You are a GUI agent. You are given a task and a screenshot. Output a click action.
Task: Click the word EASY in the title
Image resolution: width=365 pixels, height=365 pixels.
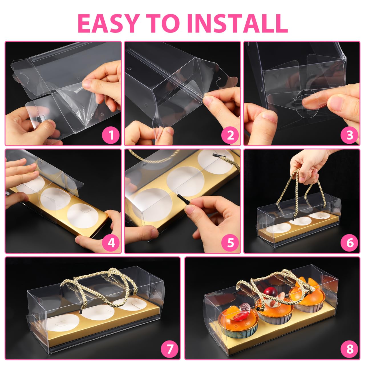click(x=108, y=23)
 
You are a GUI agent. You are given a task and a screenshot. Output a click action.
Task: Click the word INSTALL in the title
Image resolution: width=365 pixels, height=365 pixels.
click(x=238, y=23)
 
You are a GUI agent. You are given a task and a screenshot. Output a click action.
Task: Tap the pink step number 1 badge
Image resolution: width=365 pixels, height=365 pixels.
click(x=111, y=135)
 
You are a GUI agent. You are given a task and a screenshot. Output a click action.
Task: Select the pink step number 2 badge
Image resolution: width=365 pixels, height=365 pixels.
click(x=230, y=135)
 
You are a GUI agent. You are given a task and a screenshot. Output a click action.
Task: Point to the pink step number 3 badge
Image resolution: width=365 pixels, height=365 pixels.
click(x=350, y=135)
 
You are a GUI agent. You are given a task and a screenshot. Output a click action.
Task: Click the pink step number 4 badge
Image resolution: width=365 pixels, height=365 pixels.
click(x=111, y=242)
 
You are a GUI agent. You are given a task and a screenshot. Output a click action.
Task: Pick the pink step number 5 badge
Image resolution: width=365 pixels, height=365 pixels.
click(x=230, y=242)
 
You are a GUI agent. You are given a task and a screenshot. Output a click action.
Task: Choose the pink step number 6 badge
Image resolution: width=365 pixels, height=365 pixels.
click(x=350, y=242)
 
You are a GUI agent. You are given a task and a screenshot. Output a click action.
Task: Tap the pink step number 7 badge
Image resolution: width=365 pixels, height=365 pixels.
click(x=169, y=349)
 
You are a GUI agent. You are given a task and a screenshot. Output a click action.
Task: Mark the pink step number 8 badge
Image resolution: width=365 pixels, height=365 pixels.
click(x=350, y=349)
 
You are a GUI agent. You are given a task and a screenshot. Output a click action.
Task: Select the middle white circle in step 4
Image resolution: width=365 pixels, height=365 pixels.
click(x=55, y=198)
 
